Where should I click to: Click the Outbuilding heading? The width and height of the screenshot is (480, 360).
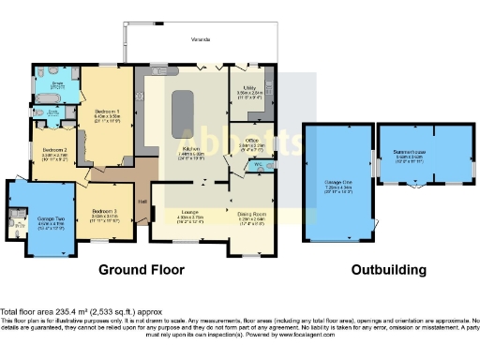pos(388,269)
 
